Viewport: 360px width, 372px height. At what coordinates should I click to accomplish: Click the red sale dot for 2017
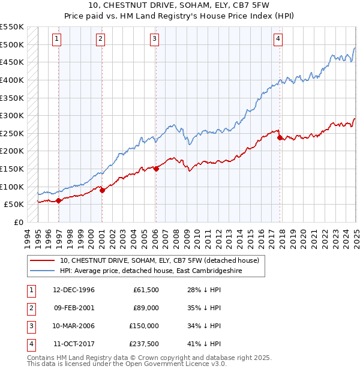pyautogui.click(x=280, y=137)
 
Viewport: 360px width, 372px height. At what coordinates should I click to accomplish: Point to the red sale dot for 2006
pyautogui.click(x=156, y=169)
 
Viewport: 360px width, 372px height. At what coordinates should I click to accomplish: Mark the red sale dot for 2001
pyautogui.click(x=102, y=190)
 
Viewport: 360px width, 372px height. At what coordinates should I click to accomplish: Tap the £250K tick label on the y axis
pyautogui.click(x=12, y=133)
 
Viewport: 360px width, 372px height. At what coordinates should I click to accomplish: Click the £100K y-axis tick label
pyautogui.click(x=12, y=187)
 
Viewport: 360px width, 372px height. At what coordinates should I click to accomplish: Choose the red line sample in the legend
pyautogui.click(x=43, y=260)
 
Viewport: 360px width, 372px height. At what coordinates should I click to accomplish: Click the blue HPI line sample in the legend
pyautogui.click(x=43, y=271)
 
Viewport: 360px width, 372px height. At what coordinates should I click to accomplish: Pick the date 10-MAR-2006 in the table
pyautogui.click(x=74, y=326)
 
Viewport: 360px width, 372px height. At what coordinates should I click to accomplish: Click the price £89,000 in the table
pyautogui.click(x=145, y=308)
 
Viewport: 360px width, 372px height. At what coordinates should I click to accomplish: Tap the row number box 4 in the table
pyautogui.click(x=31, y=344)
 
